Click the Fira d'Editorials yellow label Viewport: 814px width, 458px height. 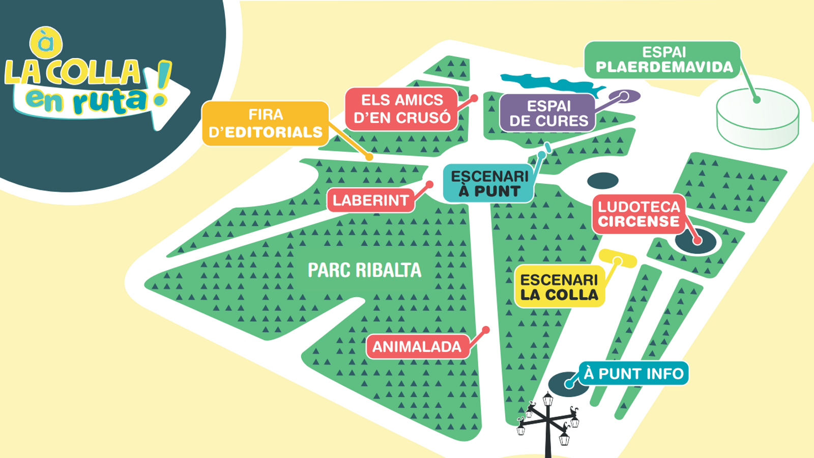pyautogui.click(x=266, y=124)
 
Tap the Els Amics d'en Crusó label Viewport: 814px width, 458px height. pyautogui.click(x=402, y=109)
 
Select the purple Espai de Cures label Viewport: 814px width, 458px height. pyautogui.click(x=548, y=113)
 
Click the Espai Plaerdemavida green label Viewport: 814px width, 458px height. pyautogui.click(x=663, y=60)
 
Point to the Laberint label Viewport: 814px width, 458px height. pyautogui.click(x=370, y=201)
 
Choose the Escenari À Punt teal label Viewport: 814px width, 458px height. pyautogui.click(x=489, y=184)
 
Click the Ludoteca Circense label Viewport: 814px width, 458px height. pyautogui.click(x=638, y=214)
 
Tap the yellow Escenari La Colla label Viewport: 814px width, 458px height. pyautogui.click(x=559, y=287)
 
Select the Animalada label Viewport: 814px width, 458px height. pyautogui.click(x=417, y=347)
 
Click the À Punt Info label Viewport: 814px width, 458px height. pyautogui.click(x=633, y=374)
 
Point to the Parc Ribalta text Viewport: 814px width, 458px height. pyautogui.click(x=364, y=270)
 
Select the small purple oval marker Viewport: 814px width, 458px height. pyautogui.click(x=625, y=96)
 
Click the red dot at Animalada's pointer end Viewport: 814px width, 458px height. pyautogui.click(x=486, y=330)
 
